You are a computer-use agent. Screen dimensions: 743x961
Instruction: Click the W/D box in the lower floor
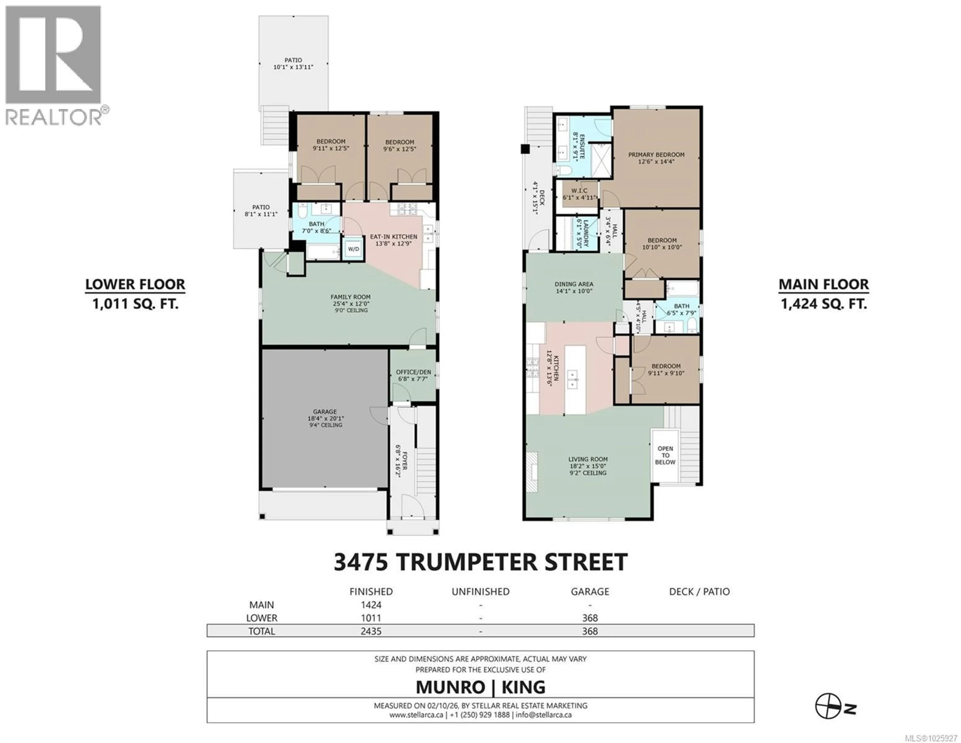click(353, 249)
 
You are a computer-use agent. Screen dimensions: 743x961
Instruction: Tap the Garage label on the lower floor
click(325, 412)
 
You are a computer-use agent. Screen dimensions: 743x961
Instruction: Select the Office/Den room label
click(413, 372)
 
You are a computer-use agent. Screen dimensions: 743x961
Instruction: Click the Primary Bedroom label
click(656, 155)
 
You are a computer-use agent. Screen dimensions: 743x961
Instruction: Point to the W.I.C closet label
click(579, 190)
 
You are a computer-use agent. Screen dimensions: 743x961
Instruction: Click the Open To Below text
click(665, 455)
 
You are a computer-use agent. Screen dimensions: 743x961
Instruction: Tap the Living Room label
click(587, 459)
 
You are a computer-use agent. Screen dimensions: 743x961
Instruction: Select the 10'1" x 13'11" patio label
click(293, 64)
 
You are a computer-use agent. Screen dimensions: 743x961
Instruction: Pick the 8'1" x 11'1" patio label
click(261, 211)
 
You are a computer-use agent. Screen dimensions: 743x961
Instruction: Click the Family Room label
click(350, 297)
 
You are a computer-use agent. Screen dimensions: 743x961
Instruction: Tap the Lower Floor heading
click(135, 285)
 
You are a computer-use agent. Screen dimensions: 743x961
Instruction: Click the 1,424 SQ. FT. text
click(824, 304)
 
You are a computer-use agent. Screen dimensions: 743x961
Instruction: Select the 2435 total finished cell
click(371, 631)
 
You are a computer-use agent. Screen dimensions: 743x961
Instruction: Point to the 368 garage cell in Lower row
click(590, 618)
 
